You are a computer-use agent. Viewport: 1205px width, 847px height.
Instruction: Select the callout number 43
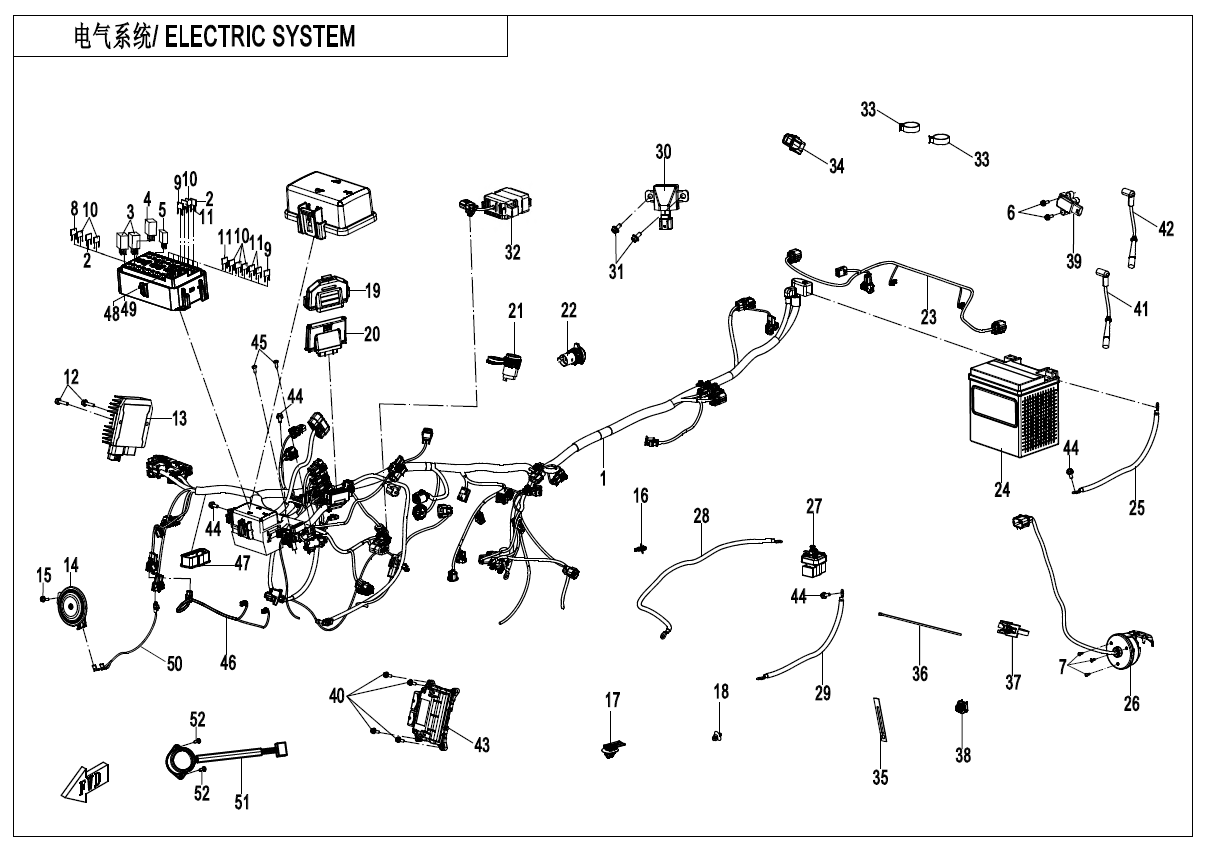click(482, 745)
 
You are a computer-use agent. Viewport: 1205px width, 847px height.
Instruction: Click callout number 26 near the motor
click(1131, 704)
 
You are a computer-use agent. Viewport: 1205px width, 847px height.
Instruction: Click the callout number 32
click(512, 253)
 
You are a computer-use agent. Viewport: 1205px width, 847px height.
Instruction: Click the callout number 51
click(241, 801)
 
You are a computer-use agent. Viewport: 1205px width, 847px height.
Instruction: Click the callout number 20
click(372, 335)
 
